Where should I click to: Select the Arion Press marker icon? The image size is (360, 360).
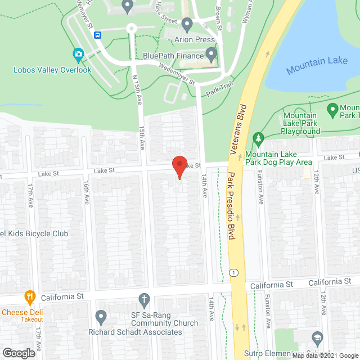coord(187,24)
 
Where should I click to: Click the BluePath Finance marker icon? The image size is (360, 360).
coord(211,55)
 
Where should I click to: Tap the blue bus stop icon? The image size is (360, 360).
coord(98,35)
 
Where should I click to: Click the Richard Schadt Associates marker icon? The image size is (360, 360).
coord(101,317)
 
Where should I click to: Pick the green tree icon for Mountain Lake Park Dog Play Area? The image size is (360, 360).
coord(258,138)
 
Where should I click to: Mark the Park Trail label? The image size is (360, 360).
coord(219,90)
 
